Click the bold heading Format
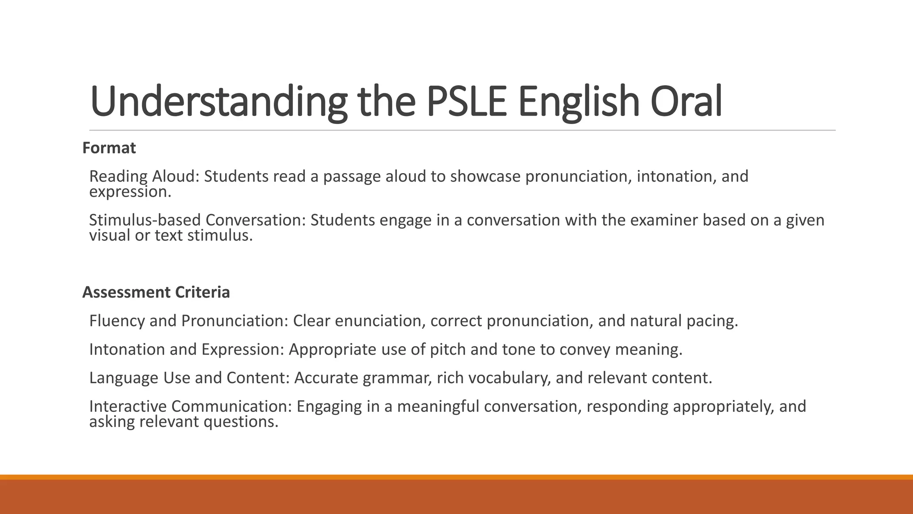point(109,148)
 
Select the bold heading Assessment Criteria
point(156,292)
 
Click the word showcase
point(485,177)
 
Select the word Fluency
point(117,321)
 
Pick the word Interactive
point(128,406)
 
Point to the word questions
point(241,422)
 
